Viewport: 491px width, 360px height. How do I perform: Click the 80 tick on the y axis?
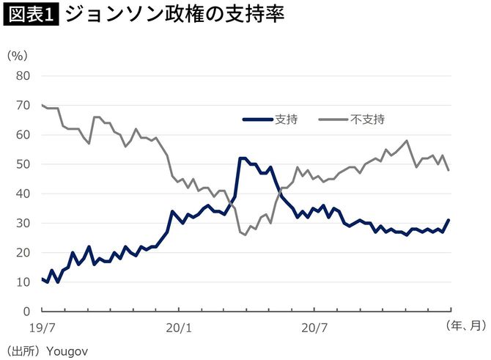click(x=23, y=76)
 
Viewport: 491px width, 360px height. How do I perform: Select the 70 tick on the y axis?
click(x=23, y=106)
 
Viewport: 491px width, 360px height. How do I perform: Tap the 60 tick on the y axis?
click(x=23, y=135)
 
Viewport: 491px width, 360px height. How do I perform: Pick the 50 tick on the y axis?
click(x=23, y=164)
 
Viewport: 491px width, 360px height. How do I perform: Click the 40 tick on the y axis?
click(x=23, y=194)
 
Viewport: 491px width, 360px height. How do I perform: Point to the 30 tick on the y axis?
click(x=23, y=223)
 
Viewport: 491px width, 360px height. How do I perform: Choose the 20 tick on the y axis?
click(x=23, y=252)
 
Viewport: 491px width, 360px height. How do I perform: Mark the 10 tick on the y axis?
click(x=23, y=282)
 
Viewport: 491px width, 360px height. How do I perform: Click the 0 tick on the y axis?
click(x=26, y=311)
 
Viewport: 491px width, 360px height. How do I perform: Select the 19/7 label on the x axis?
click(x=42, y=326)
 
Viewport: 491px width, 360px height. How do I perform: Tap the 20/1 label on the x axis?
click(x=179, y=326)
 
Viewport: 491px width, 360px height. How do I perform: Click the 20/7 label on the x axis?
click(x=315, y=326)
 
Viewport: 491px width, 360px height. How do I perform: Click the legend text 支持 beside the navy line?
click(x=285, y=119)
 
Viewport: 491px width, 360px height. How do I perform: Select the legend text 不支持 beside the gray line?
click(x=367, y=119)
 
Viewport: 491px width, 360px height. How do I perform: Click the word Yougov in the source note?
click(x=67, y=350)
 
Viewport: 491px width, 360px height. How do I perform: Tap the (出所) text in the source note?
click(x=23, y=350)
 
